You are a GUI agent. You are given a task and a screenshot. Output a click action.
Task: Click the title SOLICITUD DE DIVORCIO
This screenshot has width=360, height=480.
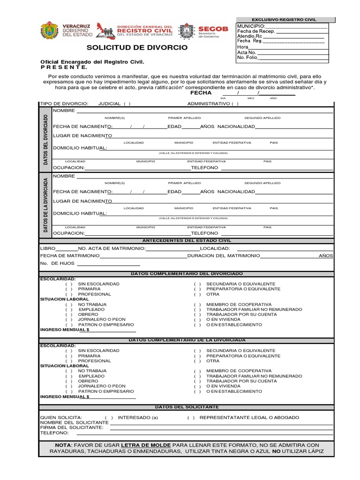point(137,47)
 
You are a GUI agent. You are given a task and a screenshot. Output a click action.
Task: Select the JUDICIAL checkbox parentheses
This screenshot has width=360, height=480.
point(127,104)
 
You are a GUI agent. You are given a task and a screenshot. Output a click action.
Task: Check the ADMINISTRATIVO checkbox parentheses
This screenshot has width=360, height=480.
point(235,104)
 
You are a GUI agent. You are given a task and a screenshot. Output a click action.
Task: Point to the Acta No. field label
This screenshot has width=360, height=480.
point(247,52)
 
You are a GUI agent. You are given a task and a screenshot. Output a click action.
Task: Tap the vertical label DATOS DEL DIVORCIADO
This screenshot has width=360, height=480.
point(45,139)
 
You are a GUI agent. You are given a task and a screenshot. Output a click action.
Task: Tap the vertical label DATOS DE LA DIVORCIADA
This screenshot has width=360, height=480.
point(45,205)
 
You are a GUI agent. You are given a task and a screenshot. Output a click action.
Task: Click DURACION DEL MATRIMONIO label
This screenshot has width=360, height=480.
point(224,255)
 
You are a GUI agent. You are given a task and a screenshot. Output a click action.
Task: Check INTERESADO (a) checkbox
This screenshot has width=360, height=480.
point(109,417)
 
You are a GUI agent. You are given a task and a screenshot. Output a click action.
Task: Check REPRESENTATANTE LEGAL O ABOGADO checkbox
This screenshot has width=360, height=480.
point(191,417)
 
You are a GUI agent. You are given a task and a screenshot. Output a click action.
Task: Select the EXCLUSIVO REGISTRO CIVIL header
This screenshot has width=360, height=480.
point(284,20)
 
